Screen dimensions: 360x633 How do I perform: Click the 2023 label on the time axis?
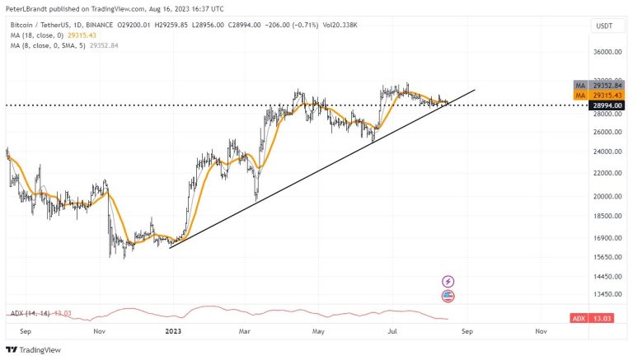pyautogui.click(x=173, y=331)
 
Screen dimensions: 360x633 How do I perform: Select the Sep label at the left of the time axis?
pyautogui.click(x=25, y=331)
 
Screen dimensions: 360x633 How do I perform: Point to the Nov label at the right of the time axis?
pyautogui.click(x=541, y=331)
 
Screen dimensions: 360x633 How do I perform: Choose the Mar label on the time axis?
pyautogui.click(x=245, y=331)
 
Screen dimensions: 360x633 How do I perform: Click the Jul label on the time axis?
pyautogui.click(x=393, y=331)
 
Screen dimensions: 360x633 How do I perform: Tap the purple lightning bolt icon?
pyautogui.click(x=448, y=282)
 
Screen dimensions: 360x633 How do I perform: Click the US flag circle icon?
pyautogui.click(x=448, y=297)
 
